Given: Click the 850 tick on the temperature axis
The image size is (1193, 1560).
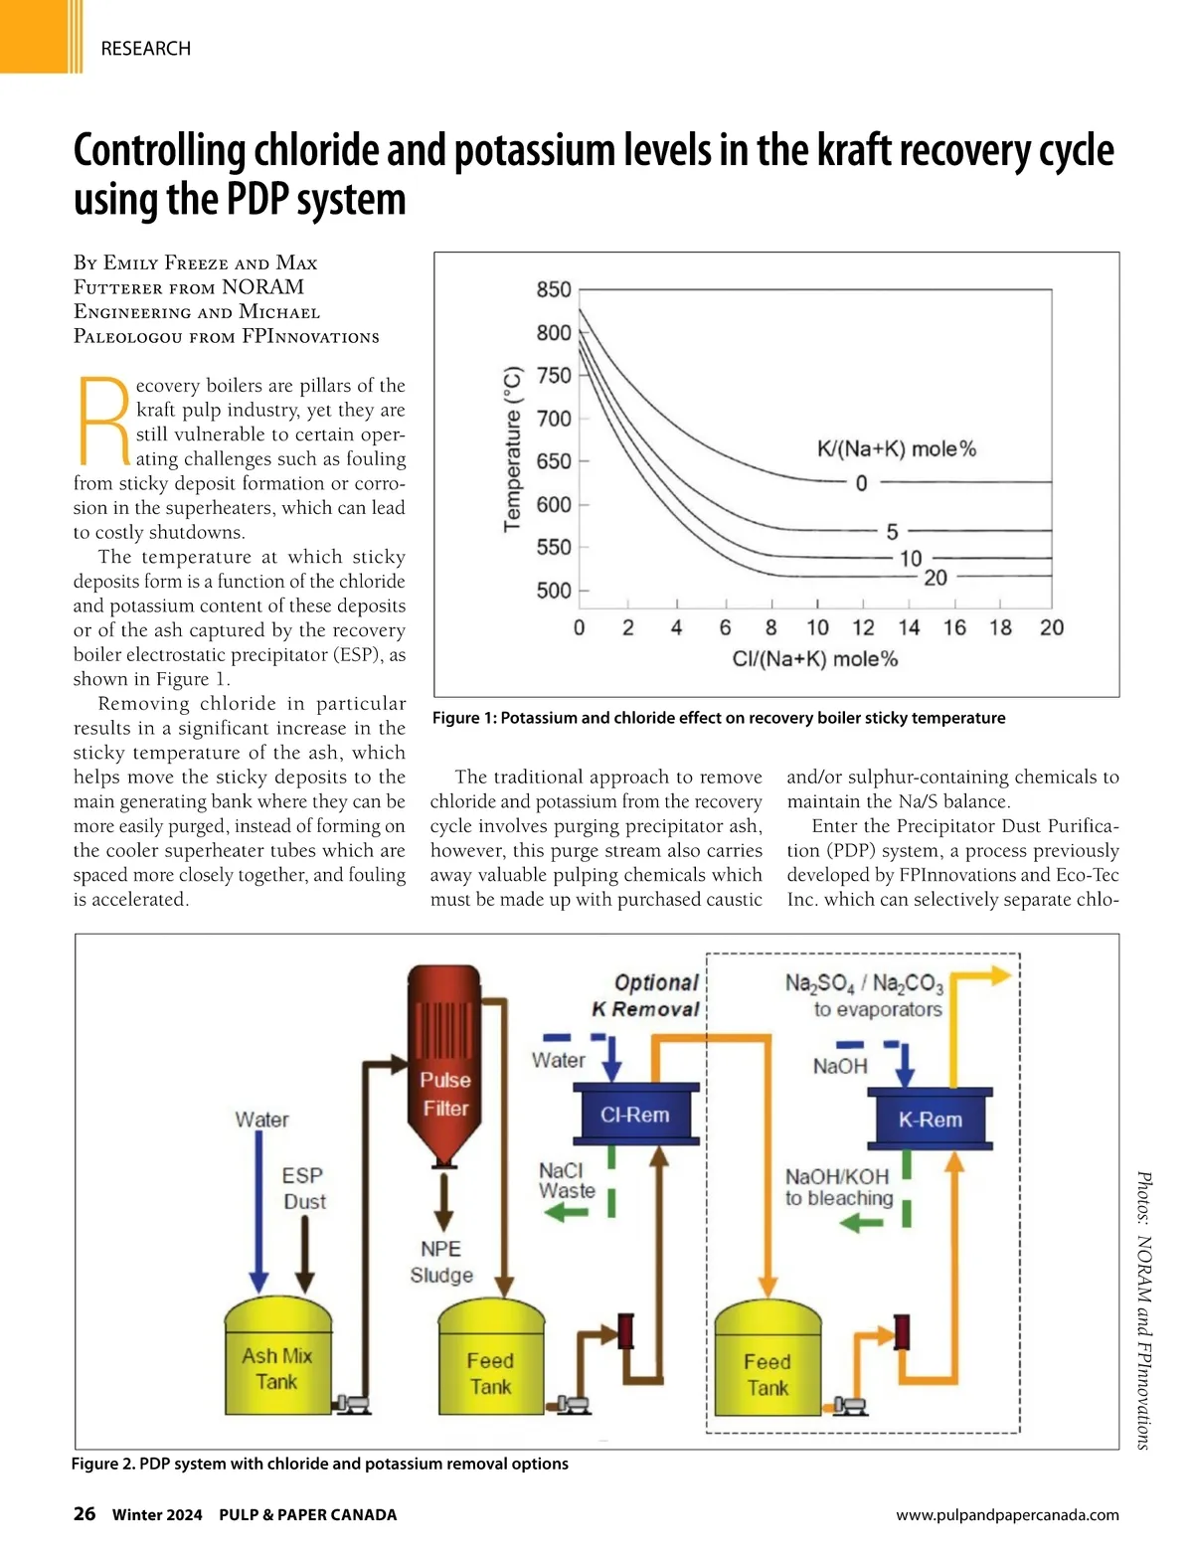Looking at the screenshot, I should (554, 289).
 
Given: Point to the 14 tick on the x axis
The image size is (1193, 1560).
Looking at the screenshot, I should (909, 627).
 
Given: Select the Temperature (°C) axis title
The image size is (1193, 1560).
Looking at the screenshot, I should (513, 448).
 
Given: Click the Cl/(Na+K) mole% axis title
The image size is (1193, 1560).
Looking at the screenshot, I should (814, 659).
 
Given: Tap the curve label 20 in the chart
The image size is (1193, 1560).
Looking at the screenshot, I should (936, 578).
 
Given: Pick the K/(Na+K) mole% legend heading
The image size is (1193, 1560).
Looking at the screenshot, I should (896, 448).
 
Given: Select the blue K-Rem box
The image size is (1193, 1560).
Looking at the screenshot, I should (931, 1120).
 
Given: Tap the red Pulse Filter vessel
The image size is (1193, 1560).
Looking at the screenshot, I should (444, 1064).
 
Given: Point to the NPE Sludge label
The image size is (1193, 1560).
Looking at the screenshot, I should (441, 1262).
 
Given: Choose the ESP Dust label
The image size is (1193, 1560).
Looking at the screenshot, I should (303, 1188).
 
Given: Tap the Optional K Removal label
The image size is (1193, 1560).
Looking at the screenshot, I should (647, 995).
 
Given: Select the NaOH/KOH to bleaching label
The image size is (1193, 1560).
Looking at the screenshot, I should (839, 1187).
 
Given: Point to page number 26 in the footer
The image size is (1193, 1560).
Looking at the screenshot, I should (85, 1513).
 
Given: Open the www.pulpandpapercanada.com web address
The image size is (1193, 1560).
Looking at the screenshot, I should (1007, 1515).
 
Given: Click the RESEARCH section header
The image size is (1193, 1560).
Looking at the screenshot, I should (145, 48).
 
